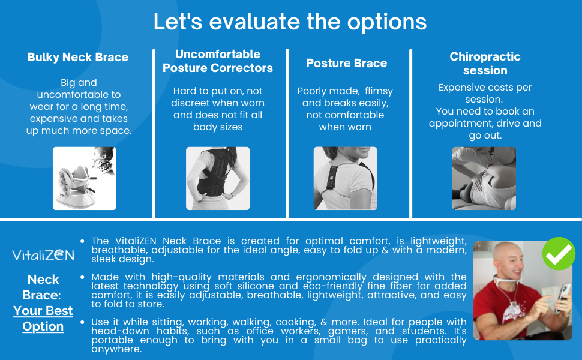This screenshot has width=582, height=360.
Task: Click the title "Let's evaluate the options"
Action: [290, 22]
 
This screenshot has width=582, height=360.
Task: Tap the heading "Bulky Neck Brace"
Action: [78, 57]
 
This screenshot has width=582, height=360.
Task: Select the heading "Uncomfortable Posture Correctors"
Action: [218, 61]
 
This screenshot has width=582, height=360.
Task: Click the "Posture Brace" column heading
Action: [347, 63]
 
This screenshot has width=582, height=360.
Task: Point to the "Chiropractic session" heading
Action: [485, 63]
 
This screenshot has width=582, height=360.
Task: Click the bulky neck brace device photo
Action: [84, 179]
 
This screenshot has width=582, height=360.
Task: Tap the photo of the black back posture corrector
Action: [218, 179]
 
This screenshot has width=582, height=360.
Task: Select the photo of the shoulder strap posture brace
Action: [345, 179]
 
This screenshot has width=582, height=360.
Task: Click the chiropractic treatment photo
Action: [484, 179]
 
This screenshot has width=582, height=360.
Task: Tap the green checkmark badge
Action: [559, 253]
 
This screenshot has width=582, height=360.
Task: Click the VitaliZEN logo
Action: [43, 255]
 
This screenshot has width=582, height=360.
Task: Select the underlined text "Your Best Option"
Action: [43, 319]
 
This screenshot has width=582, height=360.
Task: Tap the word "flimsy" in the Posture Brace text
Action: [379, 91]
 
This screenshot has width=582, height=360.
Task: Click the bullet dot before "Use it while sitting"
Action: [82, 322]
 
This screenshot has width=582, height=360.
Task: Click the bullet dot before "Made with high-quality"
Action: [82, 277]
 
